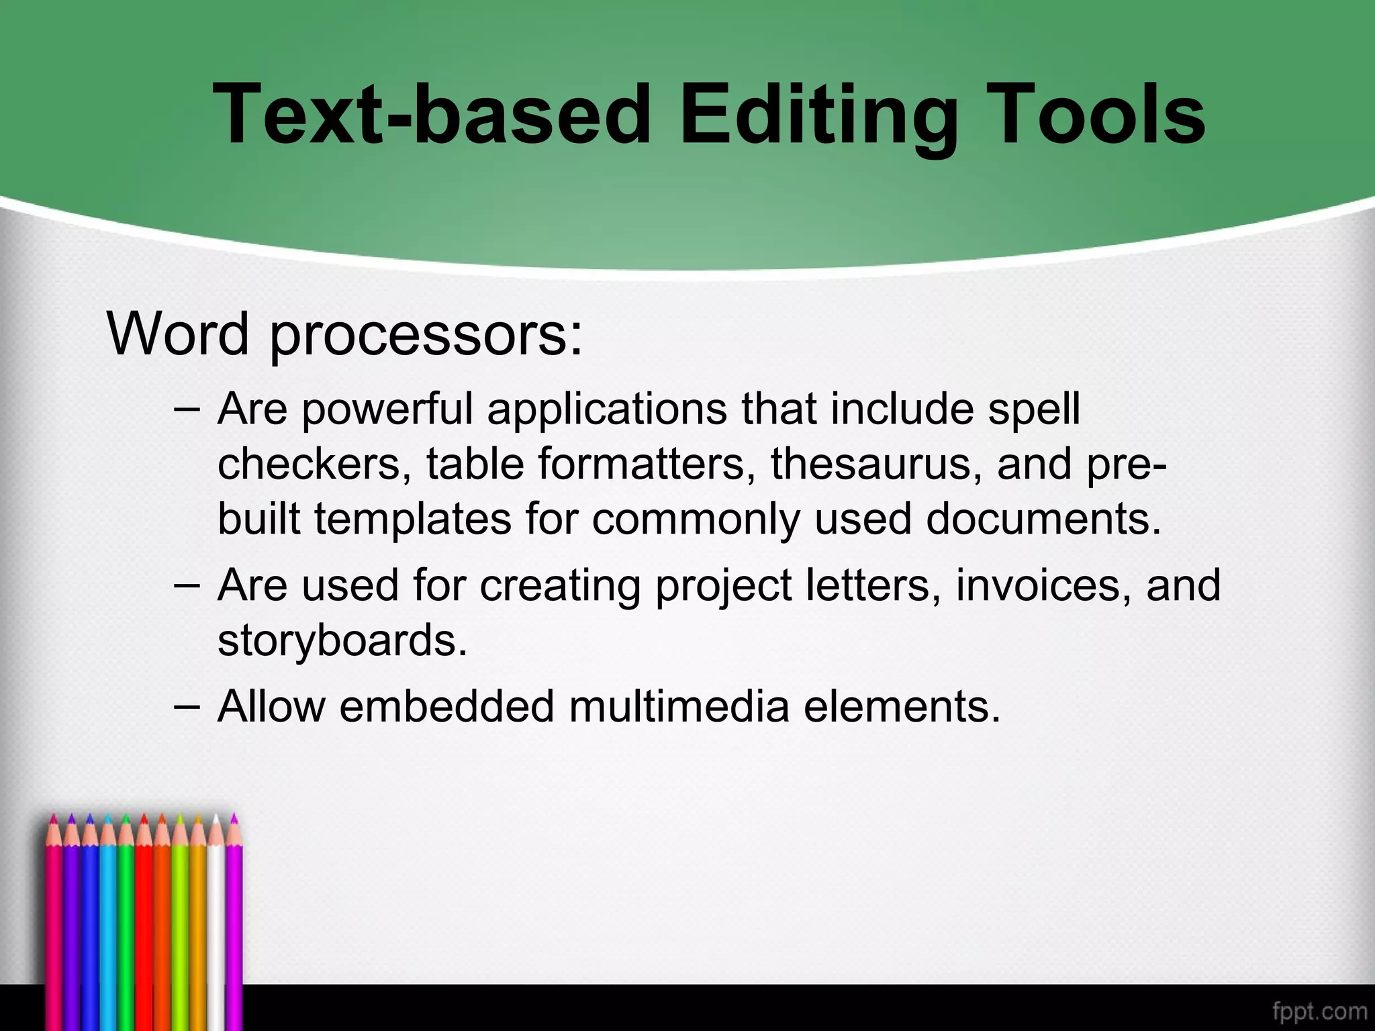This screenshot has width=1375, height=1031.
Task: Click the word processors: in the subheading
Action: pyautogui.click(x=426, y=336)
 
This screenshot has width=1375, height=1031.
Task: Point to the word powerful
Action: pyautogui.click(x=387, y=409)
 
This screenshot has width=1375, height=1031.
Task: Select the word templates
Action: pyautogui.click(x=413, y=519)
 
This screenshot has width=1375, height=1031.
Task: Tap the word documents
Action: pyautogui.click(x=1043, y=519)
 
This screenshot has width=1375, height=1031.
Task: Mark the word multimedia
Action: pyautogui.click(x=679, y=706)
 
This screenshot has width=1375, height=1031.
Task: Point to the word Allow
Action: pyautogui.click(x=271, y=706)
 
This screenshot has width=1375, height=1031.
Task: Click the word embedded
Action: pyautogui.click(x=446, y=706)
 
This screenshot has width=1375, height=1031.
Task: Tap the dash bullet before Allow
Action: pyautogui.click(x=186, y=706)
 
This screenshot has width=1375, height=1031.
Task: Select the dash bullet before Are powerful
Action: pyautogui.click(x=186, y=409)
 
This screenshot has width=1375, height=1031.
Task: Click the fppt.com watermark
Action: pyautogui.click(x=1319, y=1011)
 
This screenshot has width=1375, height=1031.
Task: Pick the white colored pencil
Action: pyautogui.click(x=216, y=926)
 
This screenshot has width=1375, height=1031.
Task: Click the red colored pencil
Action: pyautogui.click(x=144, y=926)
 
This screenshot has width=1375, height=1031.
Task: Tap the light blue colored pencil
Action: pyautogui.click(x=108, y=926)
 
